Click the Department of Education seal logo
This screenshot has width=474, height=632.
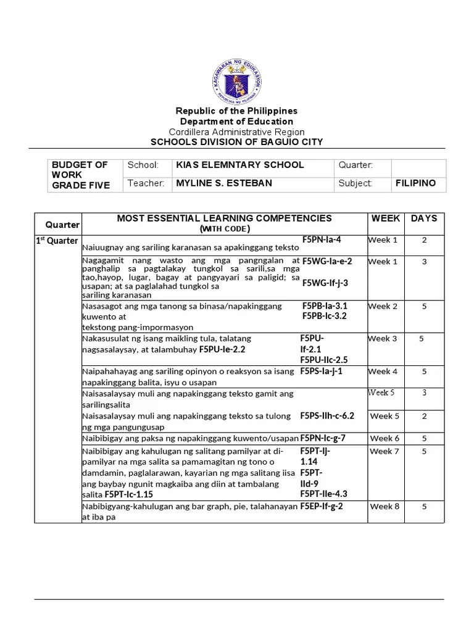pyautogui.click(x=237, y=78)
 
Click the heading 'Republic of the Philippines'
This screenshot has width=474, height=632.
pyautogui.click(x=237, y=111)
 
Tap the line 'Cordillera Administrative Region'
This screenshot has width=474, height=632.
pyautogui.click(x=237, y=132)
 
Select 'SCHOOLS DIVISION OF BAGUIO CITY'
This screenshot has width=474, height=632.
pyautogui.click(x=237, y=142)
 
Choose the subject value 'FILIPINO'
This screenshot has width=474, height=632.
pyautogui.click(x=415, y=183)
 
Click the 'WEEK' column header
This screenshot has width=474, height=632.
pyautogui.click(x=385, y=218)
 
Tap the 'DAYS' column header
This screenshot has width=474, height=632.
pyautogui.click(x=424, y=218)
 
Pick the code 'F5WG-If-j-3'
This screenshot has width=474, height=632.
pyautogui.click(x=325, y=283)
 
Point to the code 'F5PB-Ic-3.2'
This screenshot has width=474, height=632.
pyautogui.click(x=325, y=316)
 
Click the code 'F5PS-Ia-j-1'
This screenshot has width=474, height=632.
pyautogui.click(x=321, y=372)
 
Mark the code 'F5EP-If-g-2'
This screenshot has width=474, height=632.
pyautogui.click(x=322, y=506)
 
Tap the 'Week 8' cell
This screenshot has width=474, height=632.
pyautogui.click(x=385, y=507)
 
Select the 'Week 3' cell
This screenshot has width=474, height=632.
pyautogui.click(x=383, y=339)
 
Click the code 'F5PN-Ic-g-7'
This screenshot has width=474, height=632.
pyautogui.click(x=323, y=438)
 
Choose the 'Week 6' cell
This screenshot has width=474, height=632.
pyautogui.click(x=385, y=438)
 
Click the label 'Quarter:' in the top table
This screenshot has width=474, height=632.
pyautogui.click(x=355, y=165)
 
